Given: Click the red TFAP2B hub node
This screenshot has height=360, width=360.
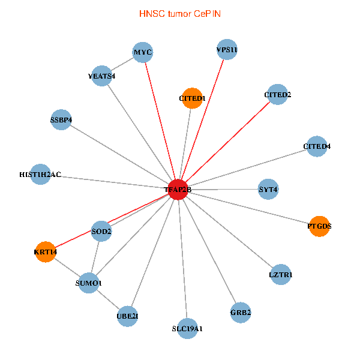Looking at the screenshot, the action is coord(178,190).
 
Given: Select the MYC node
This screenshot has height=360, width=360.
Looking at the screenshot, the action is coord(143,53).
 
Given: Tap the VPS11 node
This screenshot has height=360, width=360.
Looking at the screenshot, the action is coord(227,50).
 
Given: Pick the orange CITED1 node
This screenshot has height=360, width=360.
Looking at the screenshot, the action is coord(193,98).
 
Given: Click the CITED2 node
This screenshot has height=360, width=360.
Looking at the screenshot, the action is coord(277,94).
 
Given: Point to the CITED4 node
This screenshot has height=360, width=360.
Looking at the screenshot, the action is coord(317,146).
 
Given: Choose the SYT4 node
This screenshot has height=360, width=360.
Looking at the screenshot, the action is coord(268,190).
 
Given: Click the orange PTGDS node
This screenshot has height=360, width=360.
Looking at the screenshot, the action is coord(319,226).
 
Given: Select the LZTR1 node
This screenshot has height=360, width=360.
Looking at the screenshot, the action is coord(281,275).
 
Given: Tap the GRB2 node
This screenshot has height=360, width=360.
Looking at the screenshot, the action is coord(241,312).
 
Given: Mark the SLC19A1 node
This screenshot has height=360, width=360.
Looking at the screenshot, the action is coord(187,328).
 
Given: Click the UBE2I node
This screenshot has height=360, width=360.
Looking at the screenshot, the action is coord(128,316).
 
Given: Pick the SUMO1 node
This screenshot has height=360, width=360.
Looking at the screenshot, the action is coord(89,283).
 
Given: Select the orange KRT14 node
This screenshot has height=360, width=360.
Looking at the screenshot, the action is coord(46,252).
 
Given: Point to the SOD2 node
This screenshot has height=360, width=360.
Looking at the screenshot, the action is coord(101,231).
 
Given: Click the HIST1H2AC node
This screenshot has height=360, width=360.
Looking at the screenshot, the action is coord(40,175).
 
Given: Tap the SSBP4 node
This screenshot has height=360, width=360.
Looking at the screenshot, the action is coord(61,119).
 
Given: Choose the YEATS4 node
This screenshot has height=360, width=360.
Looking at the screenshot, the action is coord(101,76).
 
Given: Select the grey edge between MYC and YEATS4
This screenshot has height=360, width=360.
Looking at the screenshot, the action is coord(122,64).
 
